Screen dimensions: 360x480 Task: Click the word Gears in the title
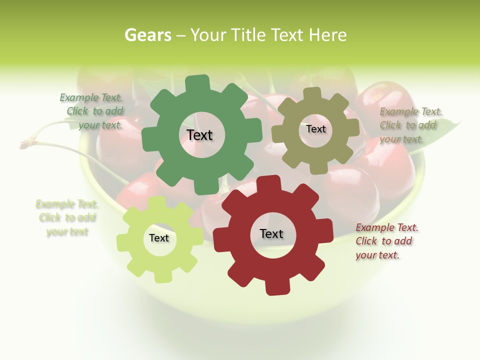(x=147, y=35)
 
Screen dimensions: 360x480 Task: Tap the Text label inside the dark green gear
(x=199, y=135)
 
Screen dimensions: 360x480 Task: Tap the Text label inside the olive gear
(x=315, y=129)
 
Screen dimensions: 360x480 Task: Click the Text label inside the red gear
(x=271, y=233)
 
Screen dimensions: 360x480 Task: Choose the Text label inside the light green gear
(x=158, y=238)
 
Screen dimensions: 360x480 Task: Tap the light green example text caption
(x=67, y=217)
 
